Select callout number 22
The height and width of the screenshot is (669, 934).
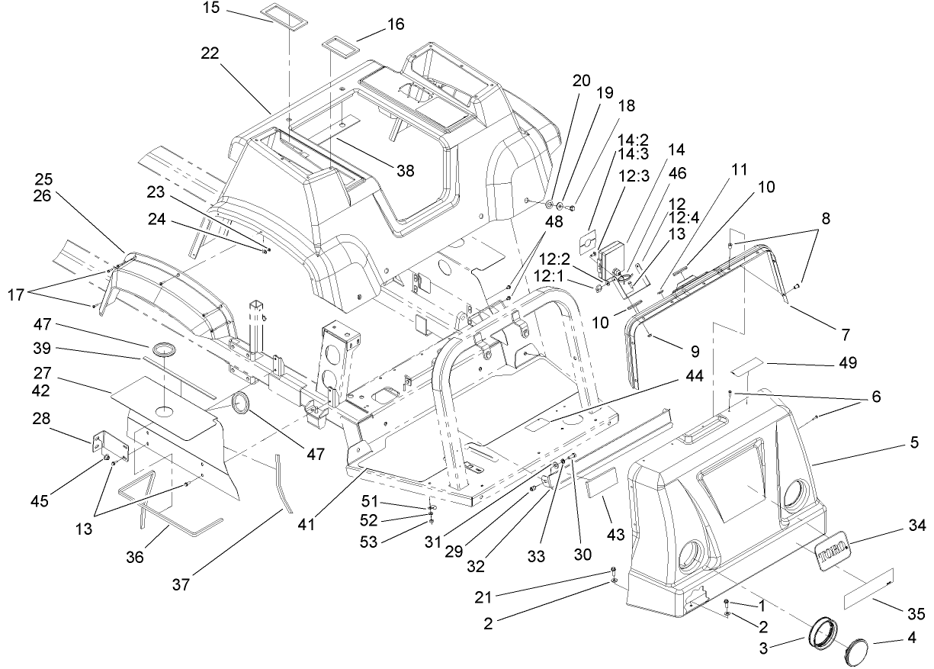click(x=210, y=53)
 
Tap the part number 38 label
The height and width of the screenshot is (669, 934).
click(x=406, y=171)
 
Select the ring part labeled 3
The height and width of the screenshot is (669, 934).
click(x=823, y=635)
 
